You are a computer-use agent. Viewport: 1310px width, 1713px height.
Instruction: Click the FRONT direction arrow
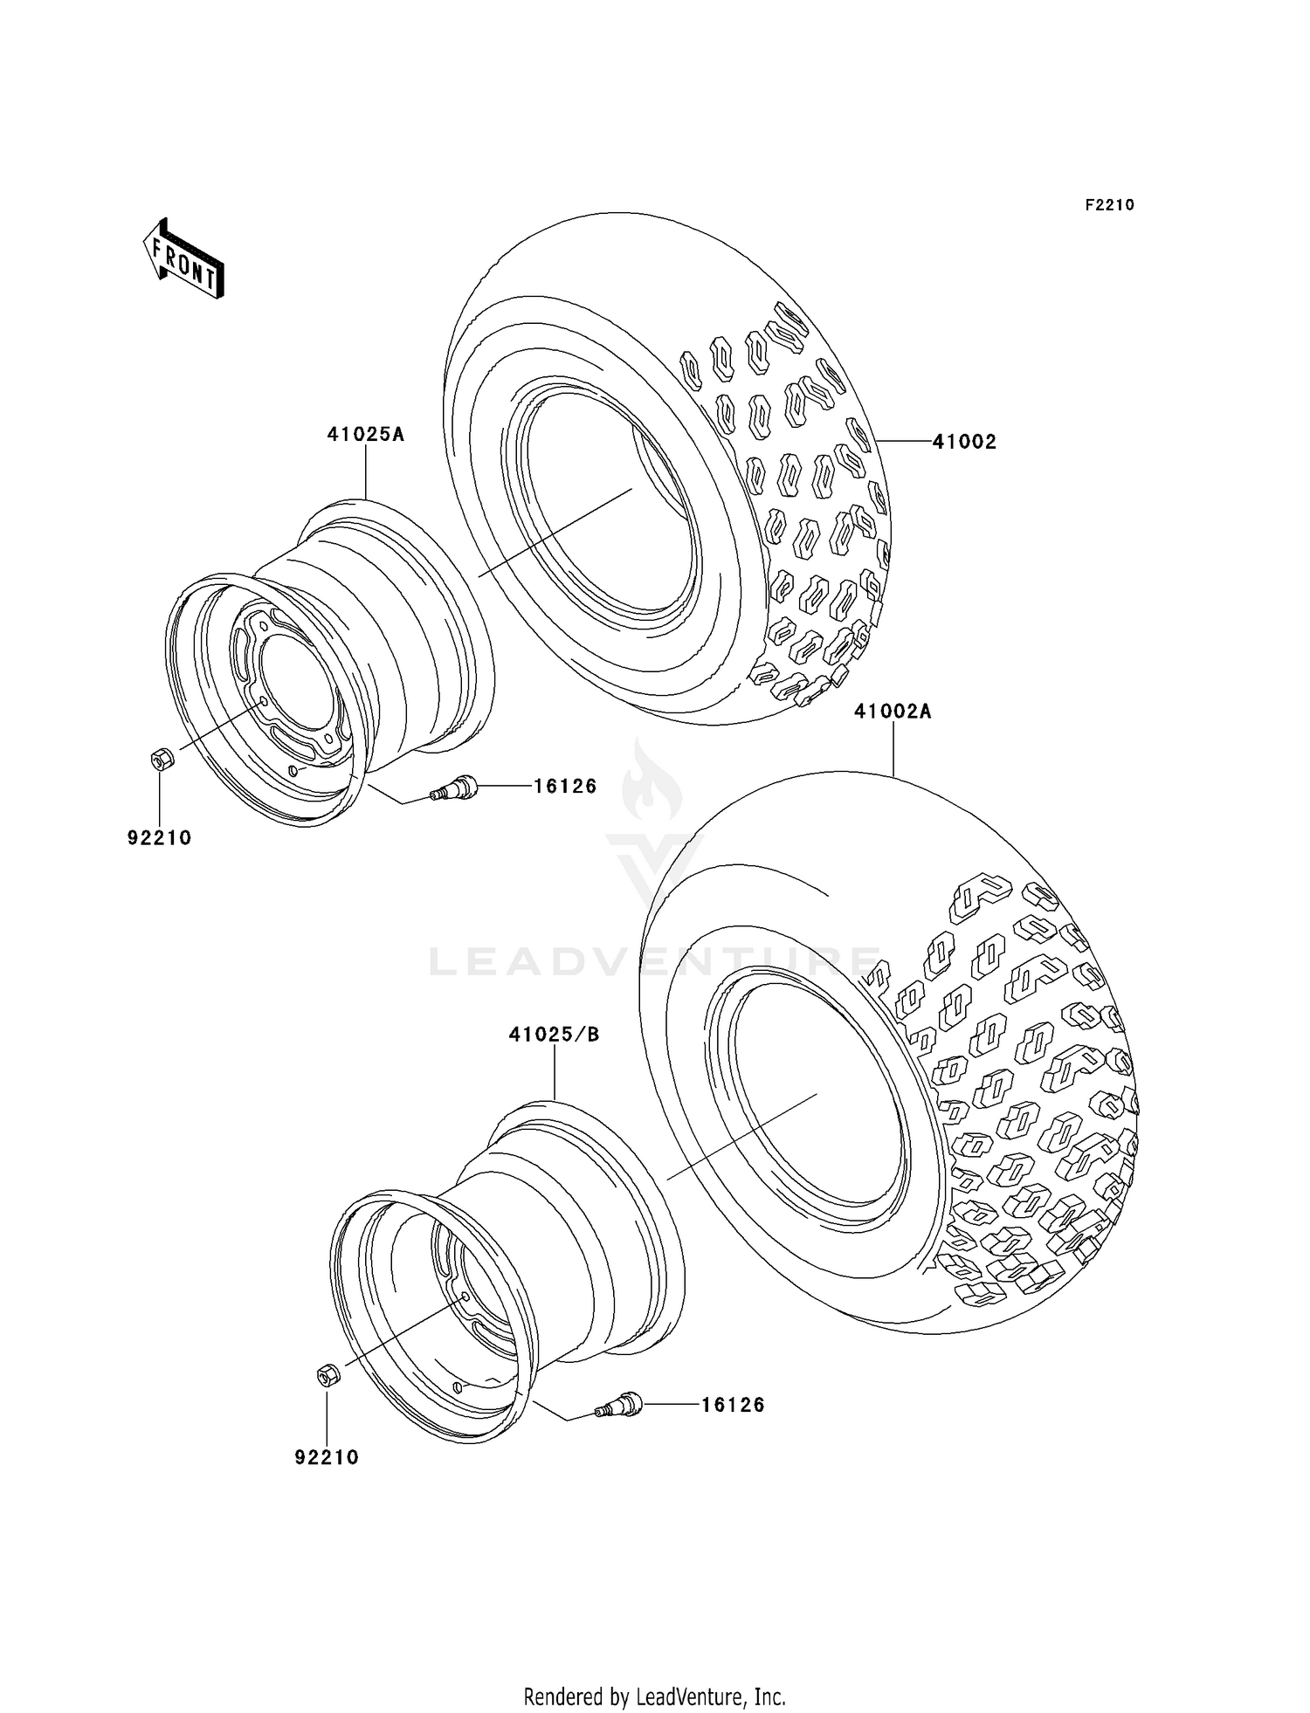pyautogui.click(x=183, y=260)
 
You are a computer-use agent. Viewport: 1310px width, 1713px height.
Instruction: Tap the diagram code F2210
pyautogui.click(x=1109, y=205)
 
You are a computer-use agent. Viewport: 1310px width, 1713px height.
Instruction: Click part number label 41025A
pyautogui.click(x=366, y=434)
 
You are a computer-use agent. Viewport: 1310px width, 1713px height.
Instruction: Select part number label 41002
pyautogui.click(x=964, y=442)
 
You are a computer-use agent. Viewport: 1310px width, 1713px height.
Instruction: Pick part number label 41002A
pyautogui.click(x=893, y=712)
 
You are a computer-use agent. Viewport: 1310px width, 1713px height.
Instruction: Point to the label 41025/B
pyautogui.click(x=555, y=1035)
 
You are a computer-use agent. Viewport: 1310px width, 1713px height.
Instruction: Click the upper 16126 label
pyautogui.click(x=565, y=787)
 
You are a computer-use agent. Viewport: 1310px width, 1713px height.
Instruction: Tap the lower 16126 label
pyautogui.click(x=733, y=1405)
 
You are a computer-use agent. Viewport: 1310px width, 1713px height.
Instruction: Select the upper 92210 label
pyautogui.click(x=159, y=838)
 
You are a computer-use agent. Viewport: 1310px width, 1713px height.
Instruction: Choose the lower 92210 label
pyautogui.click(x=327, y=1457)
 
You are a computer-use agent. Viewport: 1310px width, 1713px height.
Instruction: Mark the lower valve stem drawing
pyautogui.click(x=619, y=1406)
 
